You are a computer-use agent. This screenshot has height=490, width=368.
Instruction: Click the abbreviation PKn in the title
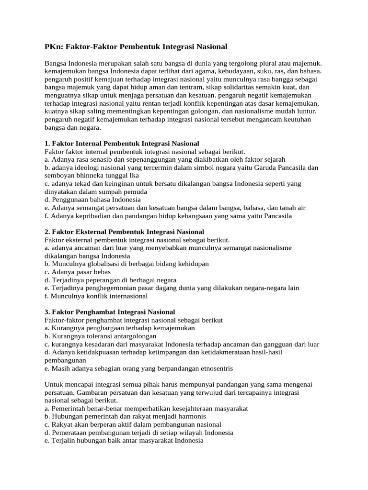click(x=53, y=47)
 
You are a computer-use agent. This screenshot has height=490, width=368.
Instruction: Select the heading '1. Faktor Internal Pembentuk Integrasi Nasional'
click(x=122, y=144)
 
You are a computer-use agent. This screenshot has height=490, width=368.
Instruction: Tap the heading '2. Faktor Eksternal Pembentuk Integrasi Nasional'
click(x=124, y=232)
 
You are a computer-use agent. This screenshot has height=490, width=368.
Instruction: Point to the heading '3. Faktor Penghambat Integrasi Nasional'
click(x=110, y=312)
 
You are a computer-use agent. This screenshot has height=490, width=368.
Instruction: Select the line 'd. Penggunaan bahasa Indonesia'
click(x=92, y=200)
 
